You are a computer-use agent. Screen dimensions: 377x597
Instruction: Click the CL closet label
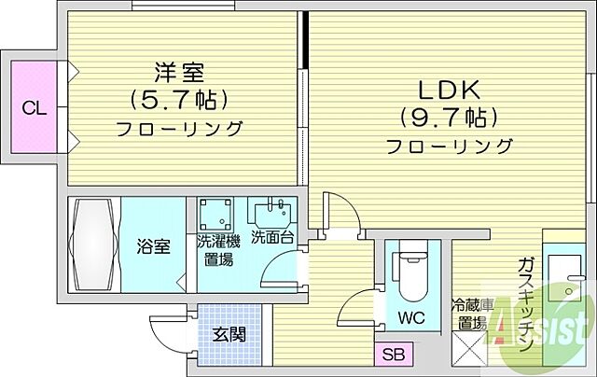[34, 109]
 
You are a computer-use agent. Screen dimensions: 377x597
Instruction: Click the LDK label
[448, 91]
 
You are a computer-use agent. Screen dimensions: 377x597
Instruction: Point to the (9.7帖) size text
[448, 119]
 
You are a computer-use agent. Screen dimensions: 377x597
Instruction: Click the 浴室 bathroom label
[155, 247]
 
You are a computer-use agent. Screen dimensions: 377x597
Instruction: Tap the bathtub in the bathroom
[96, 244]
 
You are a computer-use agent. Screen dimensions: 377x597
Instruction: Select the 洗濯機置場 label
[218, 249]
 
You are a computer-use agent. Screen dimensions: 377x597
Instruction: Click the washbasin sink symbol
[275, 211]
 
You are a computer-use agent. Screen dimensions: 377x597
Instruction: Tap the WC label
[411, 317]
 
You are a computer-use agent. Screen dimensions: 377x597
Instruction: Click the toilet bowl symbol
[411, 271]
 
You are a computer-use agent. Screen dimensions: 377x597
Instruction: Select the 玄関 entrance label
[228, 333]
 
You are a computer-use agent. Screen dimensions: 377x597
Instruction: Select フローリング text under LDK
[450, 147]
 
